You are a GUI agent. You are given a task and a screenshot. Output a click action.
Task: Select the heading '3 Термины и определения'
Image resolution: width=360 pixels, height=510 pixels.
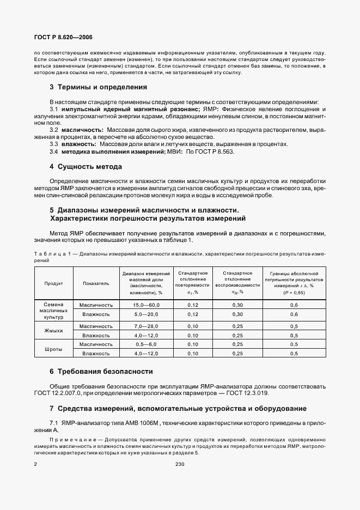click(99, 87)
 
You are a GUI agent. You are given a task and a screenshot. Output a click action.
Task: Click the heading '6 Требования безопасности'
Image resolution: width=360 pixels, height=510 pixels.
click(101, 372)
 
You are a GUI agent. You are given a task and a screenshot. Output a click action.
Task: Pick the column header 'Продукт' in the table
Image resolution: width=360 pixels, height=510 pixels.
click(53, 283)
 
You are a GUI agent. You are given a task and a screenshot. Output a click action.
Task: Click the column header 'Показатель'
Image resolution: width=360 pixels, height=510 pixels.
click(96, 283)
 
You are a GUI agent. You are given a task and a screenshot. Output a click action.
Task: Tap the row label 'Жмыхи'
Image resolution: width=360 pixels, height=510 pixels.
click(53, 331)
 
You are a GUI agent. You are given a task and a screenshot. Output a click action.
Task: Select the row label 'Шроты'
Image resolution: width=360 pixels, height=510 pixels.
click(53, 349)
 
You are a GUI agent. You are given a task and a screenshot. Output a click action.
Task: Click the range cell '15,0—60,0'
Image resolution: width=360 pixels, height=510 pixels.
click(145, 305)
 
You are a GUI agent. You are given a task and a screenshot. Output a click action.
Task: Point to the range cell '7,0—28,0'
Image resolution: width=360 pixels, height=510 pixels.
click(145, 326)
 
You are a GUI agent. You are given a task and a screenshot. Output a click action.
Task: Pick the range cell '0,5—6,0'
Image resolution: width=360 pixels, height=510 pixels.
click(145, 344)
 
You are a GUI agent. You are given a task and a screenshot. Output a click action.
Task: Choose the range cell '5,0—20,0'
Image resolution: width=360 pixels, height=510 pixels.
click(145, 314)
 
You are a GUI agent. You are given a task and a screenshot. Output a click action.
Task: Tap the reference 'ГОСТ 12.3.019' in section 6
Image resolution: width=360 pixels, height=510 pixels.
click(247, 393)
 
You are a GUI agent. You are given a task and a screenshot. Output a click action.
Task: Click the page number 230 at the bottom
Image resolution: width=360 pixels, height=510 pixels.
click(180, 464)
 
